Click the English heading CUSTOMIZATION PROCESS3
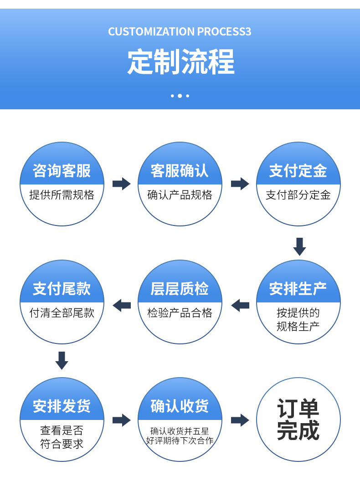tap(180, 32)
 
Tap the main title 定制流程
tap(180, 62)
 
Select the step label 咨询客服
tap(62, 171)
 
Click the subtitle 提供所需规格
tap(62, 195)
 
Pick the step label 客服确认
tap(180, 171)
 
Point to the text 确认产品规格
tap(180, 195)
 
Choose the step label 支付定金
tap(298, 171)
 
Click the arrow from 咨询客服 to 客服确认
tap(121, 184)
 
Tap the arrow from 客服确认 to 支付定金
tap(240, 184)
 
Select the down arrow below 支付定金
tap(299, 246)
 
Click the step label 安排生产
tap(298, 289)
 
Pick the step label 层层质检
tap(180, 289)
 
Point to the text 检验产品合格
tap(180, 313)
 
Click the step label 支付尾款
tap(62, 289)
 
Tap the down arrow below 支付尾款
tap(62, 360)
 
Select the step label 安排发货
tap(62, 406)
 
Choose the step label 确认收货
tap(180, 406)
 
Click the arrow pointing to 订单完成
tap(240, 420)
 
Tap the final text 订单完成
tap(298, 419)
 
